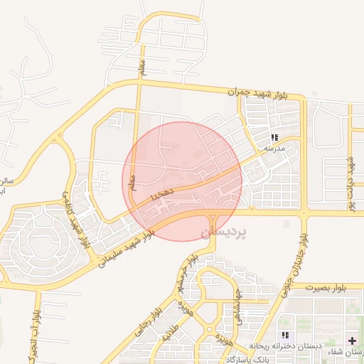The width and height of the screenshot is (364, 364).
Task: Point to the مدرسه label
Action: click(274, 149)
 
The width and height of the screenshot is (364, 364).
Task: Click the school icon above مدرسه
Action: click(274, 137)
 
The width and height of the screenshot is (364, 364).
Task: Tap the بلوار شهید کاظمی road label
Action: click(77, 220)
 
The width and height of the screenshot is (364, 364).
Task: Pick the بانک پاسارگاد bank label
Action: click(248, 359)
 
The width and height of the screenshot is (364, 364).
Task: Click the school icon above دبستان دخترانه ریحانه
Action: click(285, 335)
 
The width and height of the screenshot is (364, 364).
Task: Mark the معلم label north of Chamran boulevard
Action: click(142, 68)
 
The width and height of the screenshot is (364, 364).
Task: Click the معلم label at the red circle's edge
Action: click(132, 189)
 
